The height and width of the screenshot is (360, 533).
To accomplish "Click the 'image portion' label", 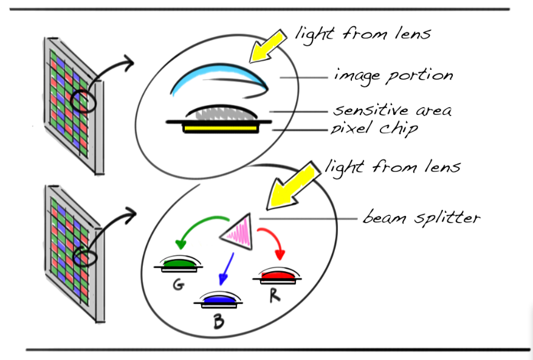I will click(393, 77).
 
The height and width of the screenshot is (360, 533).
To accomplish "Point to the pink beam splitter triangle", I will click(240, 232).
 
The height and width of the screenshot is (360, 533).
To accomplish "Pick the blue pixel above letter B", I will click(217, 300).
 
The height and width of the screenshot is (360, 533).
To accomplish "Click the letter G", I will click(178, 283).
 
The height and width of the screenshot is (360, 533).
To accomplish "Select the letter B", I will click(219, 320).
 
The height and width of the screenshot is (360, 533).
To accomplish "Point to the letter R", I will click(275, 297).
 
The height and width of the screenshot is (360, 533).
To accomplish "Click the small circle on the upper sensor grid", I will click(83, 100).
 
